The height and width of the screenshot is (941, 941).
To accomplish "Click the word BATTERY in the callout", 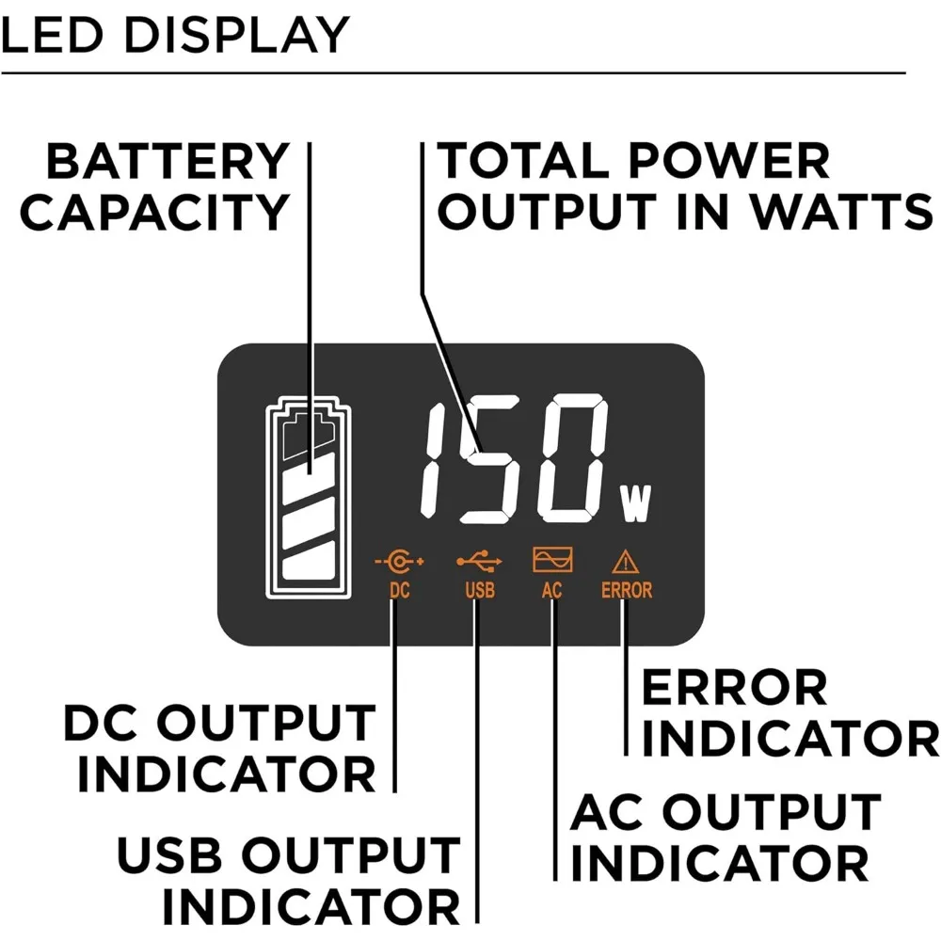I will click(x=167, y=162).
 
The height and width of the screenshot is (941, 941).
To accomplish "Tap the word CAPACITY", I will click(x=154, y=213).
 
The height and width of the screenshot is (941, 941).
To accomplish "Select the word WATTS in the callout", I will click(x=835, y=213).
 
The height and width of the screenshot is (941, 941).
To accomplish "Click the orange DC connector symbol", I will click(x=399, y=562).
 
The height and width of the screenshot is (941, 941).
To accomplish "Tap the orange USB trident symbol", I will click(x=479, y=562).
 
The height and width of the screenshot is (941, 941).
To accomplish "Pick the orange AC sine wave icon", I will click(x=552, y=562).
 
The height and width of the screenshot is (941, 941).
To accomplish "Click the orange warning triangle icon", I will click(x=626, y=563).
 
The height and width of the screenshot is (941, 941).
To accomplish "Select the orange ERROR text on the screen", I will click(x=627, y=591).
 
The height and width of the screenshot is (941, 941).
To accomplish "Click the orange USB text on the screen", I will click(x=479, y=591).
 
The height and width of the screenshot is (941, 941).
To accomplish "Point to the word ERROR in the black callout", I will click(x=734, y=689).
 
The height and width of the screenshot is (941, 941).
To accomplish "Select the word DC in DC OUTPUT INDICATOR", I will click(x=102, y=725).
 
